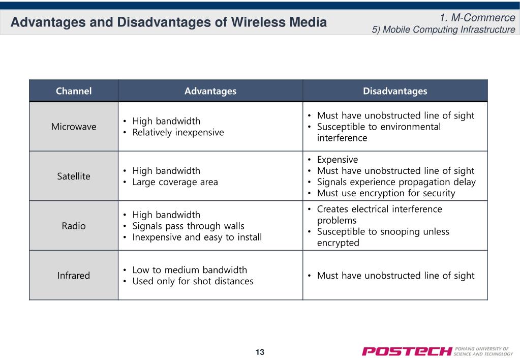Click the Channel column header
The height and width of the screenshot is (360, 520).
coord(74,91)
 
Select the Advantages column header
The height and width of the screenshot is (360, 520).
coord(210,91)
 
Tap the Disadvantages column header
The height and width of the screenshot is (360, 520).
coord(395,91)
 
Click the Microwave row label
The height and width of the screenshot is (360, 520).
coord(74,127)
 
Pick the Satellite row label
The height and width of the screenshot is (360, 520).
coord(74,176)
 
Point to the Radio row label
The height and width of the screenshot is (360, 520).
coord(74,226)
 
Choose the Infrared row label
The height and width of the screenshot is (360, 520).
coord(74,276)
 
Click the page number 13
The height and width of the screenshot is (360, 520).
coord(260,352)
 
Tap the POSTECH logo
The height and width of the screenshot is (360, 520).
coord(437,351)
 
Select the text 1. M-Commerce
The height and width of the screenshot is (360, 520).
coord(477,17)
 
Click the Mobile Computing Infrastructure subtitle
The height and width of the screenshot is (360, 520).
coord(443,29)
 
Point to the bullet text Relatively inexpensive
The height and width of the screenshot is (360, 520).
coord(178,132)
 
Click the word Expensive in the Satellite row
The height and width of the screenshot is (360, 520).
coord(338,160)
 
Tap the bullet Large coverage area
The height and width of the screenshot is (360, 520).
coord(175,182)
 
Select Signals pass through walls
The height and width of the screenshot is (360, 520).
coord(188,226)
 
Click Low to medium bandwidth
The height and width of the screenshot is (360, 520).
coord(190,270)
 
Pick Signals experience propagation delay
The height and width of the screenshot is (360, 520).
coord(396,182)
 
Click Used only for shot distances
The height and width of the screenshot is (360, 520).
coord(193,281)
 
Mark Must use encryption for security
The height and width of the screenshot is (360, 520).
coord(386,193)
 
